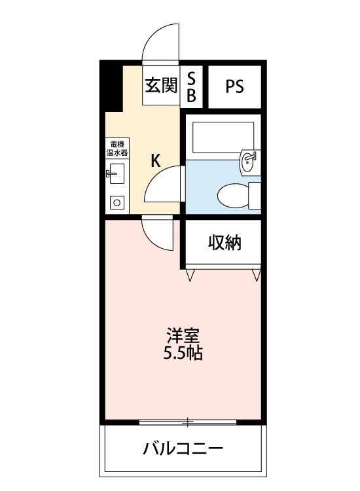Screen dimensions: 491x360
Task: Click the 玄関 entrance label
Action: (161, 86)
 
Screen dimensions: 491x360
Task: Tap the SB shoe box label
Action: (192, 87)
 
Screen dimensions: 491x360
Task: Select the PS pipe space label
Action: (234, 87)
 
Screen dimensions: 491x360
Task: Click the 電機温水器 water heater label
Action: (117, 148)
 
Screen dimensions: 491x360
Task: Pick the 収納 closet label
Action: (225, 243)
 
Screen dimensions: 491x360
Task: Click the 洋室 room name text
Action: (183, 335)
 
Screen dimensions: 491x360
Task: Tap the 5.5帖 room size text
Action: (183, 354)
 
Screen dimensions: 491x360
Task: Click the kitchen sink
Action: (117, 173)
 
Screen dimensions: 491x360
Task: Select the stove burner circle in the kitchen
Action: (117, 202)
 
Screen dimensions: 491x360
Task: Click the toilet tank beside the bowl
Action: (254, 195)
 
